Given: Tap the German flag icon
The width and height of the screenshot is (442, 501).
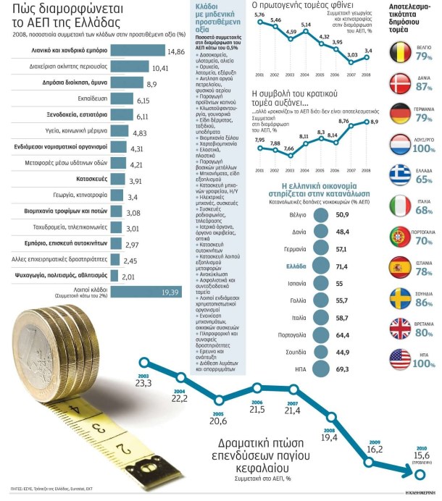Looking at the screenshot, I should click(x=400, y=114).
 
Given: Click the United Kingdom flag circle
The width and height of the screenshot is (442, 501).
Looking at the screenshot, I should click(x=400, y=327).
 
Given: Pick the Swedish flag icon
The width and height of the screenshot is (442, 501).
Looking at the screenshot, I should click(x=400, y=297).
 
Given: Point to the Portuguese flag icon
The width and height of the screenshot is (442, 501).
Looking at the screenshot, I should click(x=400, y=236).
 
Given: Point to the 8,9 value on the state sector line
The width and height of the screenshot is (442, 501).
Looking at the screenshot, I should click(x=375, y=122).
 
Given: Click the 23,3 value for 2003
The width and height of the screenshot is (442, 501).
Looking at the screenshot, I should click(x=143, y=383).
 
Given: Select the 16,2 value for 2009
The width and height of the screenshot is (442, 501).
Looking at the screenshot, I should click(x=375, y=449).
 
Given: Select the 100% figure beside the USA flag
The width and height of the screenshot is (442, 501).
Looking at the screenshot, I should click(x=423, y=365).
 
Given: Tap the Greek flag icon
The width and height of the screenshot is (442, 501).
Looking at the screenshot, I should click(x=400, y=175).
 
